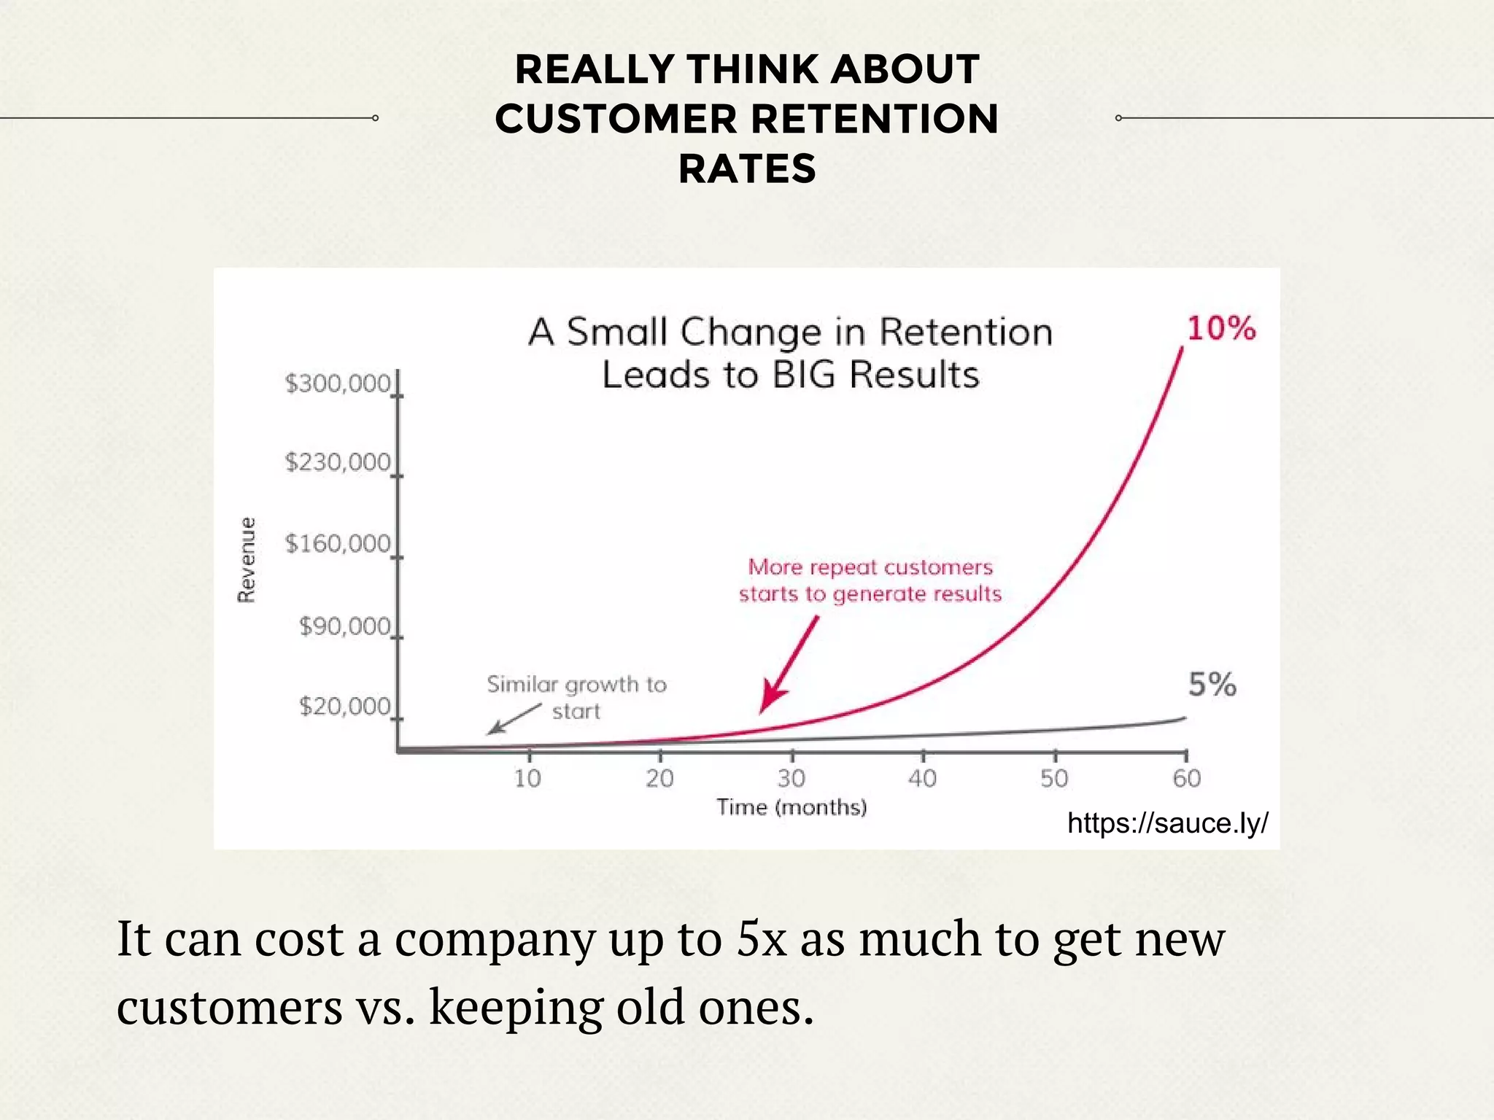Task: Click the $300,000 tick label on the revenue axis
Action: tap(338, 384)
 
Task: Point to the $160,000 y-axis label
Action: tap(338, 544)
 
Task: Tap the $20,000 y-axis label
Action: tap(344, 707)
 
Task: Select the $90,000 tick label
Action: tap(344, 626)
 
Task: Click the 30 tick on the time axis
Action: tap(791, 779)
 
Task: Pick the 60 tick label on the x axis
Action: tap(1187, 779)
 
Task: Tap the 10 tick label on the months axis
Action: tap(527, 779)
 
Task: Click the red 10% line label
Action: tap(1221, 329)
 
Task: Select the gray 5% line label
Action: tap(1212, 685)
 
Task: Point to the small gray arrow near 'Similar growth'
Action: tap(514, 719)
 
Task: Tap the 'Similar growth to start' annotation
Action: tap(576, 697)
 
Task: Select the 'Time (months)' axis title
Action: tap(791, 807)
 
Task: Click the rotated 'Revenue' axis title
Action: tap(247, 559)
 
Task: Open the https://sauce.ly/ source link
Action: tap(1167, 823)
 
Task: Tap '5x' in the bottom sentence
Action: tap(761, 939)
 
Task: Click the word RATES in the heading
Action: tap(747, 169)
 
